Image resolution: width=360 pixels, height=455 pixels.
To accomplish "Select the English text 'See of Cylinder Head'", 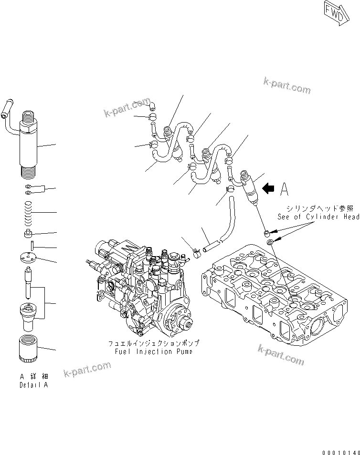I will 318,217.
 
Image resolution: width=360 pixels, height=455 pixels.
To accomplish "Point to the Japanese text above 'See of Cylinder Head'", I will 320,208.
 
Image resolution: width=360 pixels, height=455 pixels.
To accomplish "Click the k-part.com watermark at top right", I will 286,87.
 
